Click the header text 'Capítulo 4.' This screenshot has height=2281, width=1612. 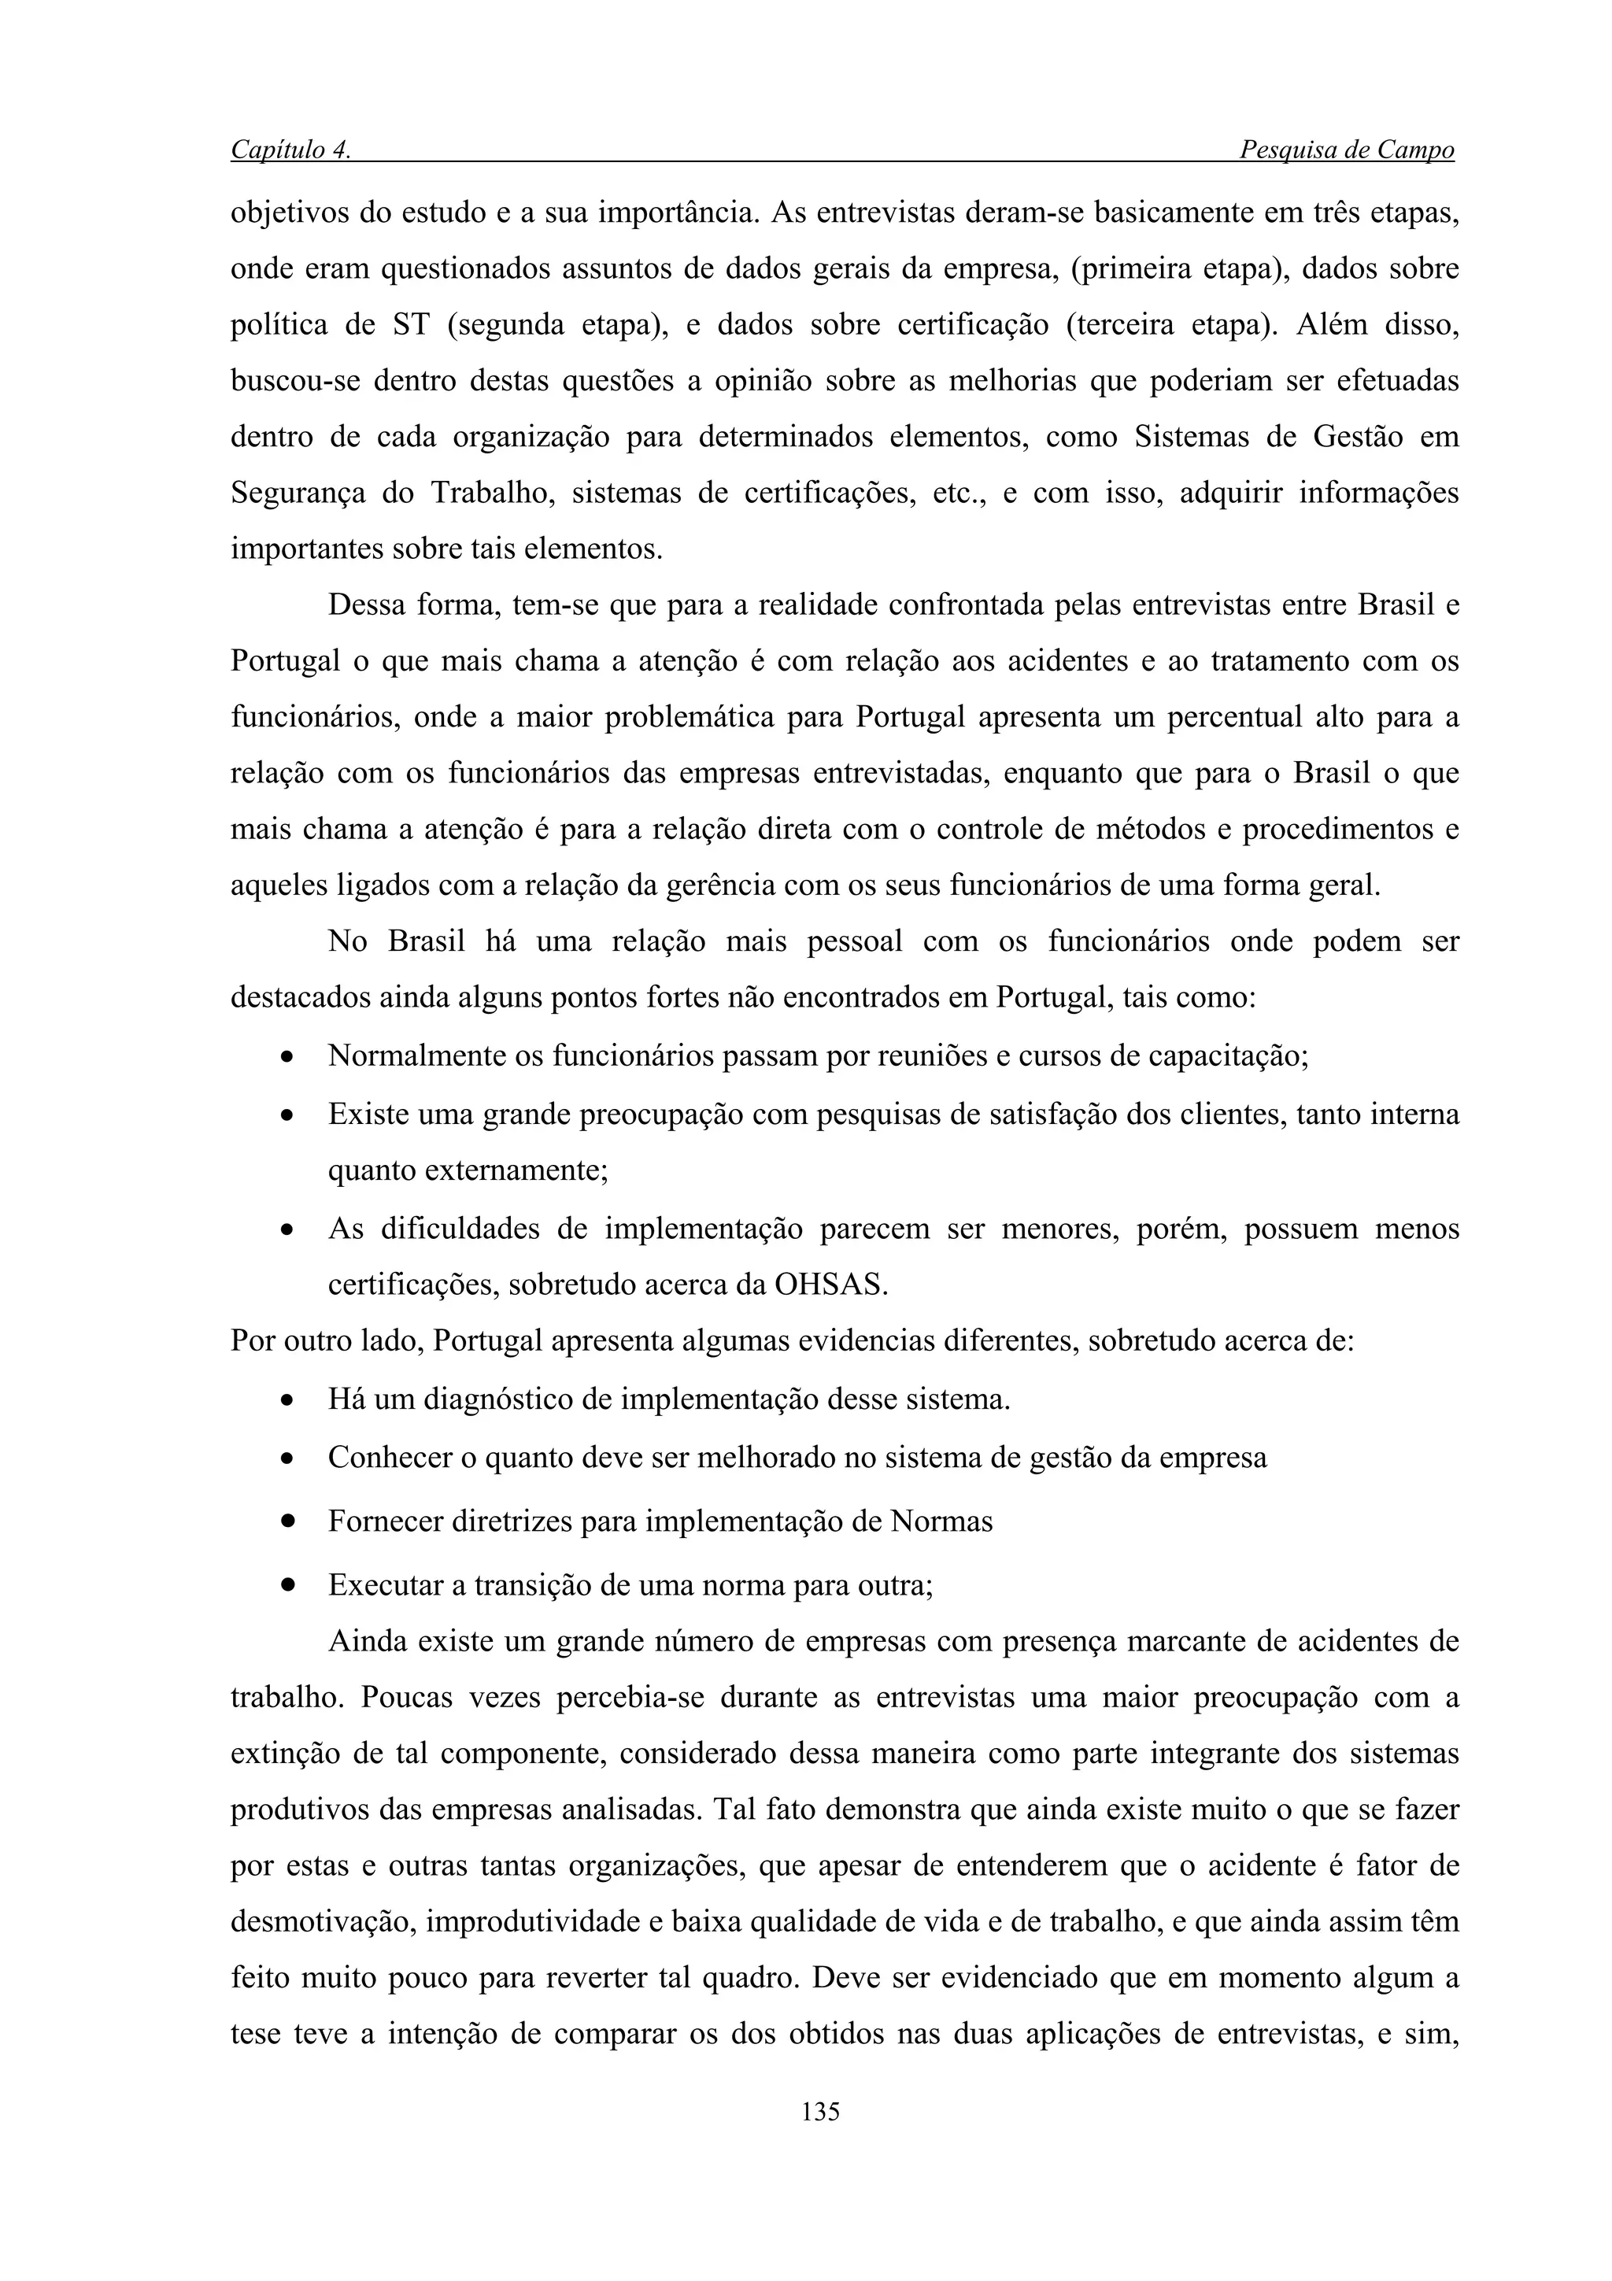pyautogui.click(x=290, y=150)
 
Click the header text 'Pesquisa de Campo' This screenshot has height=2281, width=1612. pyautogui.click(x=1346, y=150)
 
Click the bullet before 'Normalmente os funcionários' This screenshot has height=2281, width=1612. pyautogui.click(x=287, y=1057)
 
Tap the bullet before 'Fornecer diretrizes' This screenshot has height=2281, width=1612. pyautogui.click(x=288, y=1521)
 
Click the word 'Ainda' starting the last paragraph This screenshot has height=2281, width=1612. pyautogui.click(x=364, y=1640)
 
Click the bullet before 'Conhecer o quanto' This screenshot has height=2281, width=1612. pyautogui.click(x=287, y=1459)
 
